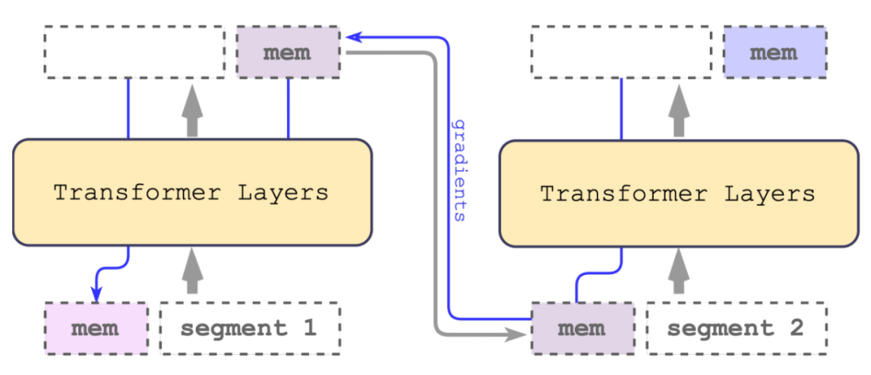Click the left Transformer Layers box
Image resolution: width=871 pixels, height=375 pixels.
pos(191,193)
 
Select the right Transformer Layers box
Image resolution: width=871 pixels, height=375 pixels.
pos(678,194)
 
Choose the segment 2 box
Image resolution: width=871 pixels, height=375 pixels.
pos(736,328)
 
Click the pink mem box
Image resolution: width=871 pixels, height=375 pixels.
pos(96,328)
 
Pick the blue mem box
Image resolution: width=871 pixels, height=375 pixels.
pos(774,53)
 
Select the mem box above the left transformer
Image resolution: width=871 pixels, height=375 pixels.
pos(288,53)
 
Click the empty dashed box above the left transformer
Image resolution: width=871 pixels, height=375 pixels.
pos(134,52)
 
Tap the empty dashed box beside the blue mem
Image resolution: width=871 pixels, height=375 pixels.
pos(621,52)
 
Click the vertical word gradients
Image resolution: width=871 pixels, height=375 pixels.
pos(461,172)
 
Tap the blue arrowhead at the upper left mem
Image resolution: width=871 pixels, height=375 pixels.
pos(351,36)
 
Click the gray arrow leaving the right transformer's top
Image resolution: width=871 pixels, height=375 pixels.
pos(678,110)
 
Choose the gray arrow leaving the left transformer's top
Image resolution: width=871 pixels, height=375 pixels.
pos(191,110)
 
